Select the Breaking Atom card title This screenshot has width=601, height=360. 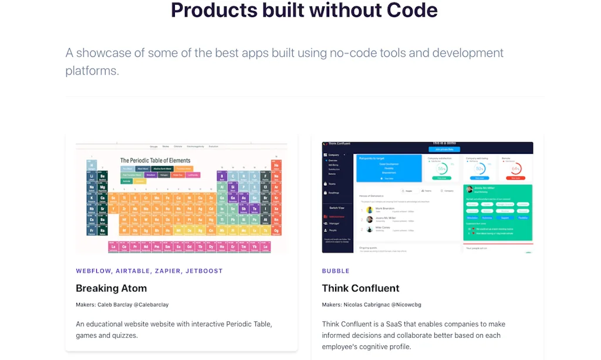click(111, 288)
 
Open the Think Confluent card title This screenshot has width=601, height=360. click(360, 288)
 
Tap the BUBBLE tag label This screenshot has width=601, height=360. click(336, 271)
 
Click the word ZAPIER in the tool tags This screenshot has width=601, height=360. click(167, 271)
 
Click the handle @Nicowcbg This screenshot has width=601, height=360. click(406, 305)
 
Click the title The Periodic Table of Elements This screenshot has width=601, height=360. click(155, 160)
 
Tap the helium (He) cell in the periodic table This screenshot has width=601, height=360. click(276, 166)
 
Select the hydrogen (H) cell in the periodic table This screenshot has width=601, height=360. click(92, 166)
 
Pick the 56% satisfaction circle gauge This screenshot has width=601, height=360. click(443, 169)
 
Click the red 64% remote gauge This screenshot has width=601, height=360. click(516, 169)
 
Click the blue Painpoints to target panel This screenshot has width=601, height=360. click(389, 167)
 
